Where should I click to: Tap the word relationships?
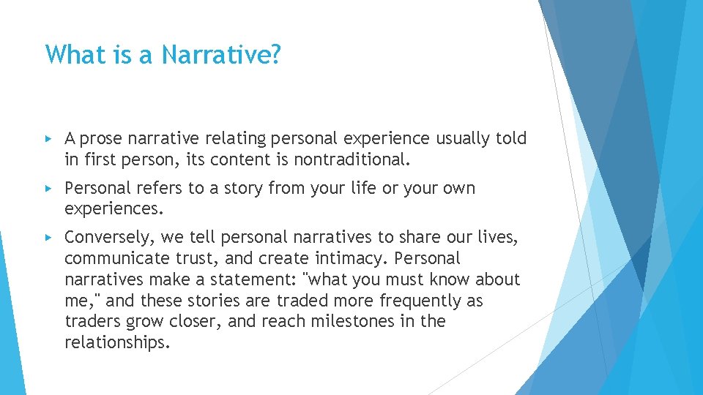(x=116, y=343)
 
